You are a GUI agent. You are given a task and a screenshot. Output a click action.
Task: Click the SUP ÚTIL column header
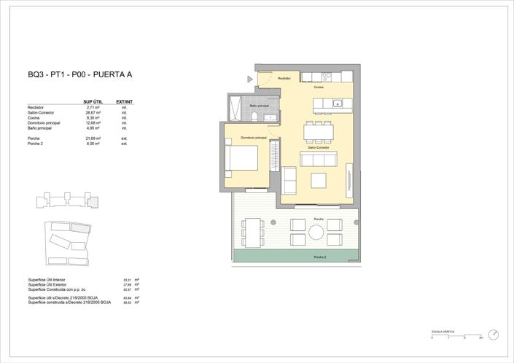[92, 102]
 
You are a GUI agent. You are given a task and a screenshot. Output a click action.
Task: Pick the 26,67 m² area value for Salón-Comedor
[93, 113]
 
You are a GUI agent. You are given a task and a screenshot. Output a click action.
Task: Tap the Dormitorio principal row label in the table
[44, 123]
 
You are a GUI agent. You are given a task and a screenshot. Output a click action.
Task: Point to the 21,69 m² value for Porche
[93, 138]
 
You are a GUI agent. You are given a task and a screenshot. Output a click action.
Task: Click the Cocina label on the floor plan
[319, 87]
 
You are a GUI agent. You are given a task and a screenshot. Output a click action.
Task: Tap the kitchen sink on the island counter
[338, 104]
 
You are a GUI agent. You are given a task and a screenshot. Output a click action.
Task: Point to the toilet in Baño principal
[254, 115]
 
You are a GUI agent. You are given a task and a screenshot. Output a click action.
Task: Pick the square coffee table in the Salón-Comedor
[318, 180]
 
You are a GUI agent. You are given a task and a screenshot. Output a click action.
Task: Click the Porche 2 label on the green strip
[319, 257]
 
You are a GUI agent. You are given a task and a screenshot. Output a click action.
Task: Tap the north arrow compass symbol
[495, 334]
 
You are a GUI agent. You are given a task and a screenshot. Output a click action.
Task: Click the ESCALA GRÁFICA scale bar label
[443, 332]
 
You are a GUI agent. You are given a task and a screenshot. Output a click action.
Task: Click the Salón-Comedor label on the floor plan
[319, 147]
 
